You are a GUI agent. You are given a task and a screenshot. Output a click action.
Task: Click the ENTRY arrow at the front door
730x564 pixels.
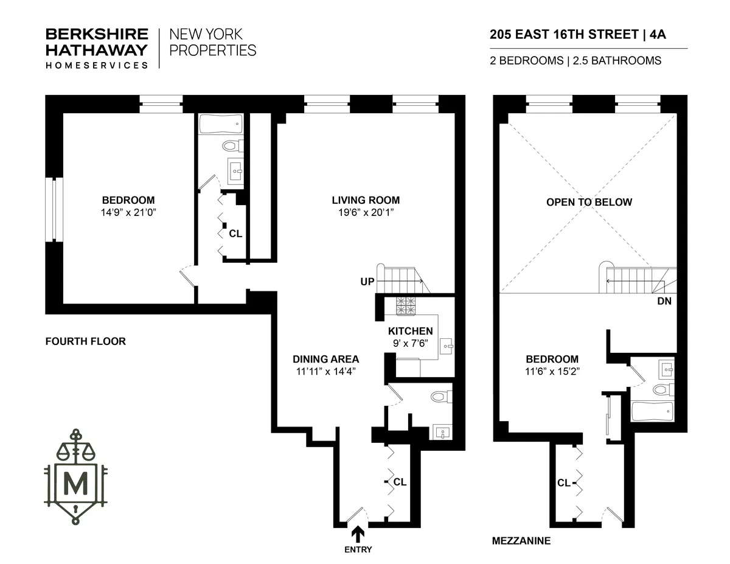(358, 534)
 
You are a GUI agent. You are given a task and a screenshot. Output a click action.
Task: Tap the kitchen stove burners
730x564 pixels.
(406, 306)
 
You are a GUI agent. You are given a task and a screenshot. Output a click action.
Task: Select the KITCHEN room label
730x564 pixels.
(411, 332)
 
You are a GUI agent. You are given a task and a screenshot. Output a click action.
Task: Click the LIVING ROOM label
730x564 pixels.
(366, 200)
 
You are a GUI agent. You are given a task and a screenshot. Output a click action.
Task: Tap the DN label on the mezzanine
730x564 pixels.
(664, 301)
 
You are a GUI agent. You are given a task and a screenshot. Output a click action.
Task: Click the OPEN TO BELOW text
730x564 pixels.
(589, 203)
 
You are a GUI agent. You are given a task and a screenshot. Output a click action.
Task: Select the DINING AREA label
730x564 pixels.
(325, 359)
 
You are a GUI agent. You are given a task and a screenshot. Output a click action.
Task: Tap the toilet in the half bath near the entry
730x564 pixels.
(438, 397)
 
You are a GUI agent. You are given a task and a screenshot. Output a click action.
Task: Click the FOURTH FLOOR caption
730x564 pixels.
(86, 341)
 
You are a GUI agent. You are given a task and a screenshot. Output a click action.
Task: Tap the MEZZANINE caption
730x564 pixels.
(521, 540)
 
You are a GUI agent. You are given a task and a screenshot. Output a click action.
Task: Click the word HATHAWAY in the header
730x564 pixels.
(97, 50)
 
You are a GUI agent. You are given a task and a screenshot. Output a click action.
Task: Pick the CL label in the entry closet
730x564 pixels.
(400, 482)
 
